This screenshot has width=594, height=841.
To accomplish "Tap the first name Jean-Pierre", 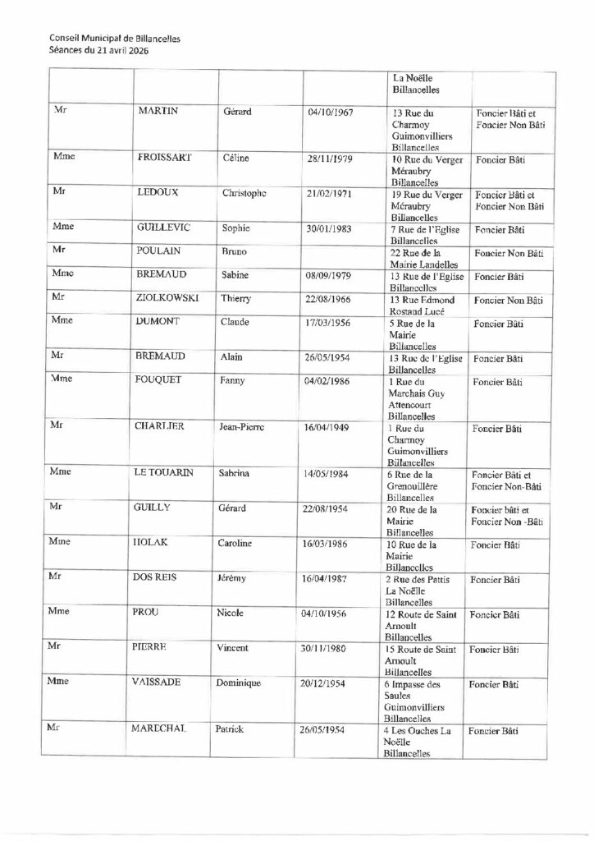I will (248, 428).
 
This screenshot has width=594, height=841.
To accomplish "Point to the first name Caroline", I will (240, 544).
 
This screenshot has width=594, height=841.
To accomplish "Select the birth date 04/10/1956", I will (328, 614).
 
